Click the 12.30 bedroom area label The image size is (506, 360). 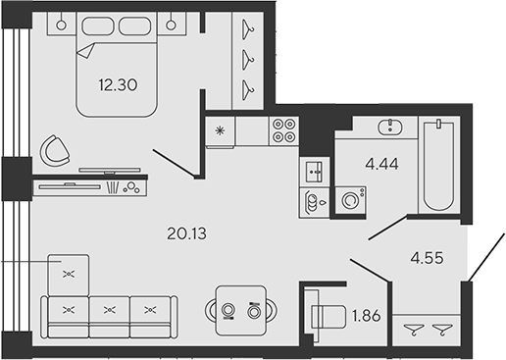pyautogui.click(x=118, y=85)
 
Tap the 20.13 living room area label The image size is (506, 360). pyautogui.click(x=186, y=233)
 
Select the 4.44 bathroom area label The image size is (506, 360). pyautogui.click(x=381, y=164)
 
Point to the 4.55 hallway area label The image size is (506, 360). pyautogui.click(x=428, y=258)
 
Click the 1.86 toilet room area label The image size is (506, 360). pyautogui.click(x=367, y=316)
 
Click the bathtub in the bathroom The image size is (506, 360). pyautogui.click(x=438, y=165)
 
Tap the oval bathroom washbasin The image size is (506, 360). pyautogui.click(x=390, y=128)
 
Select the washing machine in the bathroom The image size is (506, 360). pyautogui.click(x=350, y=200)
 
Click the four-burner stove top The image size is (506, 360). pyautogui.click(x=283, y=130)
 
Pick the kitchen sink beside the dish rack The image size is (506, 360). pyautogui.click(x=314, y=172)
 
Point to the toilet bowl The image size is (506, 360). pyautogui.click(x=329, y=317)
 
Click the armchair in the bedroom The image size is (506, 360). pyautogui.click(x=54, y=151)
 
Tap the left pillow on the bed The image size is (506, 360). pyautogui.click(x=98, y=26)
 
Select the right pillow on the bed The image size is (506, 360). pyautogui.click(x=134, y=26)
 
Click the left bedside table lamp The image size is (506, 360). pyautogui.click(x=61, y=26)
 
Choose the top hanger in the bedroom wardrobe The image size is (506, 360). pyautogui.click(x=248, y=29)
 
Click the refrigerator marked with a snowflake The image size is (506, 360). pyautogui.click(x=220, y=131)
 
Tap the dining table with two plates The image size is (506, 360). pyautogui.click(x=241, y=311)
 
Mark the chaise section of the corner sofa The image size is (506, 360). pyautogui.click(x=69, y=275)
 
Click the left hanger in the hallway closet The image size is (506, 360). pyautogui.click(x=414, y=329)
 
